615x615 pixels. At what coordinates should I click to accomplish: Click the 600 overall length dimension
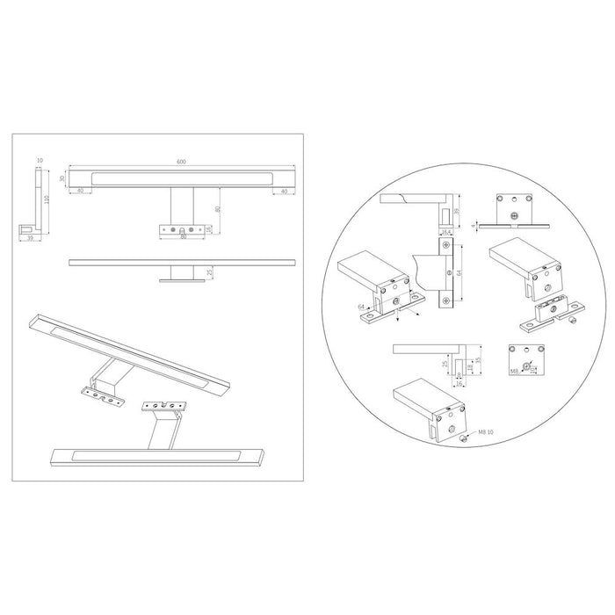coord(181,162)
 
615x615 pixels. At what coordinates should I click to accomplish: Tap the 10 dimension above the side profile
coord(40,161)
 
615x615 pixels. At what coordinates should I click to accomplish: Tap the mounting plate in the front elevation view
coord(184,230)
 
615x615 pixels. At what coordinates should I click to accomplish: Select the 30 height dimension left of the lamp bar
coord(62,178)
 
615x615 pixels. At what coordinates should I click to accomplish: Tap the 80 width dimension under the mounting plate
coord(184,237)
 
